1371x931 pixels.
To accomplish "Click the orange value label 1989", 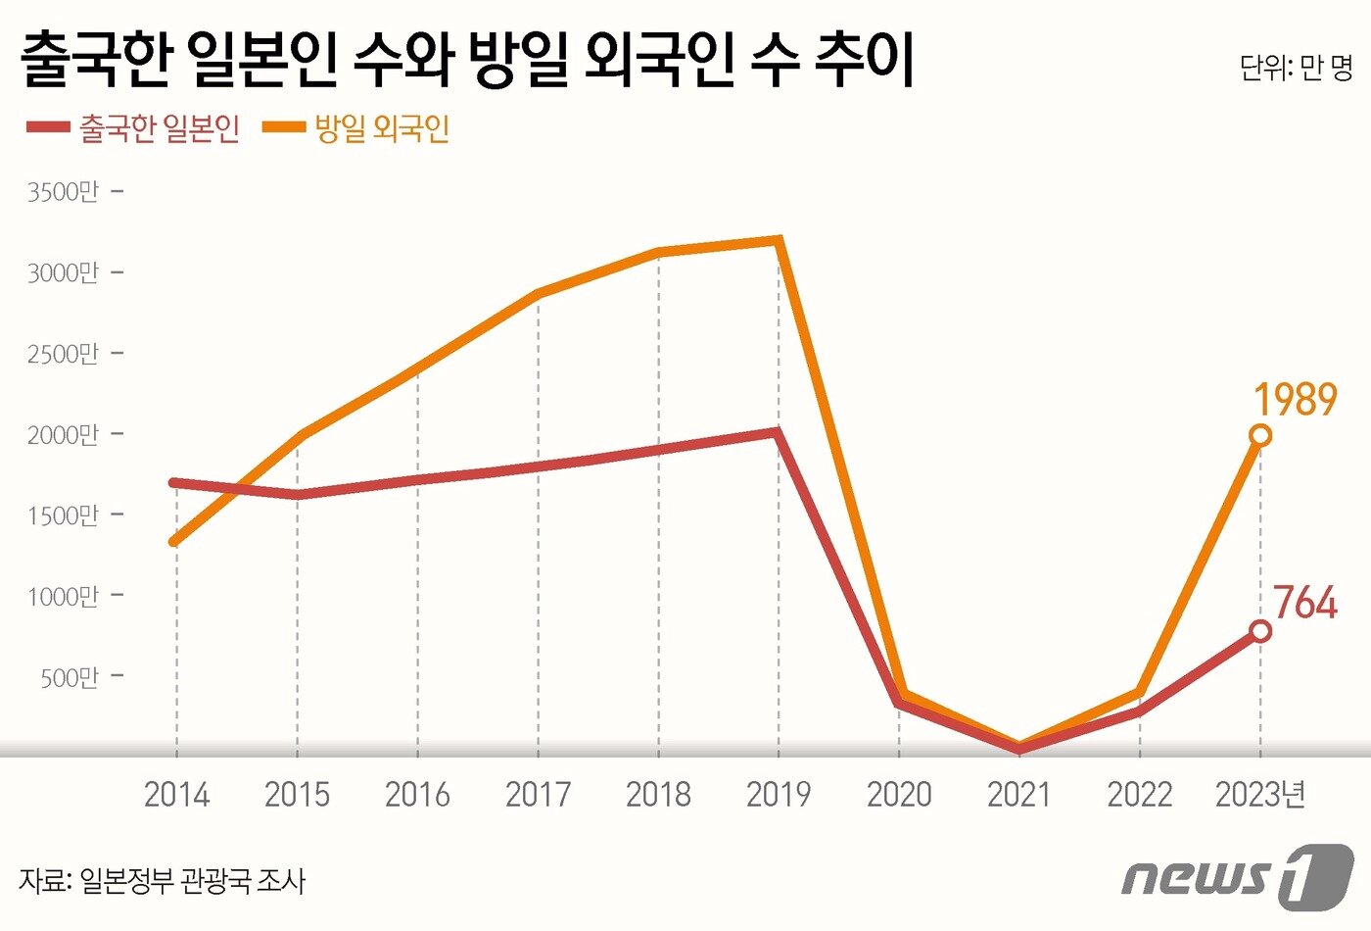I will coord(1295,400).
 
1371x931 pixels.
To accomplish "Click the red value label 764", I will coord(1304,604).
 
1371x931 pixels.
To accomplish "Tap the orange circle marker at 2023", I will coord(1260,435).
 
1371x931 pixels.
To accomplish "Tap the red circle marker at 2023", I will coord(1260,631).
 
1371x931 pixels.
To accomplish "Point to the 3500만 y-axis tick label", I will coord(64,192).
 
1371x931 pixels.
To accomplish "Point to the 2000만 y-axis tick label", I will coord(64,434).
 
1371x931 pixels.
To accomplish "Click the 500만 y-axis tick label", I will coord(70,677).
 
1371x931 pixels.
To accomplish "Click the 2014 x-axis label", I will coord(176,794).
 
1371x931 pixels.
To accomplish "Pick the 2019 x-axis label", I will coord(779,794).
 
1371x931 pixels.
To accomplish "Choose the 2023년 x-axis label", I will coord(1260,794).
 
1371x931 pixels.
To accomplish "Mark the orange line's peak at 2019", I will coord(778,240).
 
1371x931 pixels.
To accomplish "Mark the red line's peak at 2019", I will coord(776,432).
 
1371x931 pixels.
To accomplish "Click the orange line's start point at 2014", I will coord(174,541).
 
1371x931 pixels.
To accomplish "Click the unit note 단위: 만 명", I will coord(1295,67).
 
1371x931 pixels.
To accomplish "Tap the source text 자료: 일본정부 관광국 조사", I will coord(163,880).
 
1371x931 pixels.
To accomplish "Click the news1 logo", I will coord(1238,874).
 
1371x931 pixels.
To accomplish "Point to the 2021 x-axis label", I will coord(1019,794).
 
